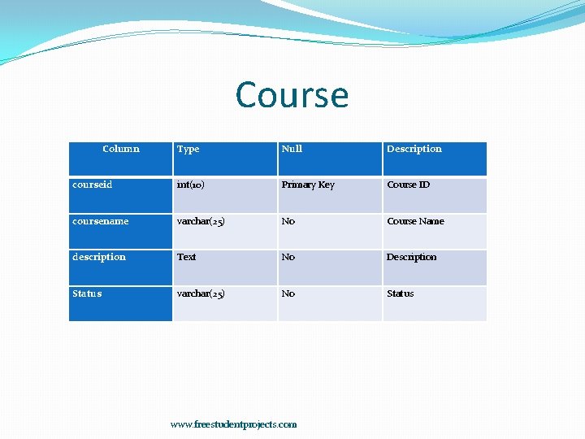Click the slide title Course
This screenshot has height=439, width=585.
tap(292, 95)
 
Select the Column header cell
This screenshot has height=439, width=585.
tap(121, 149)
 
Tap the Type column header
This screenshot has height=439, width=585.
tap(188, 149)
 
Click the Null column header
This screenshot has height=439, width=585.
tap(292, 149)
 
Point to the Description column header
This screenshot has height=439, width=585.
tap(414, 149)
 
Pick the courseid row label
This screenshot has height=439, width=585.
tap(92, 185)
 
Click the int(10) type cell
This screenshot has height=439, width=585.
tap(191, 185)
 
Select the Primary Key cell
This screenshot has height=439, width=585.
tap(308, 185)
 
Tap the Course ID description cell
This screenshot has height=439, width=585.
tap(409, 185)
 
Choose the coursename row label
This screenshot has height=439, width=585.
tap(100, 221)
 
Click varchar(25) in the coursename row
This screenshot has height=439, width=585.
tap(201, 221)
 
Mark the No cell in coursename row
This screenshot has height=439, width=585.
tap(288, 221)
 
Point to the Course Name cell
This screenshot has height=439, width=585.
tap(415, 221)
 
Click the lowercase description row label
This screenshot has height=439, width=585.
tap(99, 257)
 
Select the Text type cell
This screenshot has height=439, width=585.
tap(187, 257)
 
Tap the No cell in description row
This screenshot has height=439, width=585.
tap(288, 257)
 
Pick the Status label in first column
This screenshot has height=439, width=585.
tap(87, 293)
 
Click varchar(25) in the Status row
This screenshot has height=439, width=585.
tap(201, 293)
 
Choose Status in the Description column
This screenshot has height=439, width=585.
tap(401, 293)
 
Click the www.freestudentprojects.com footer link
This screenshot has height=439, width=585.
tap(233, 424)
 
